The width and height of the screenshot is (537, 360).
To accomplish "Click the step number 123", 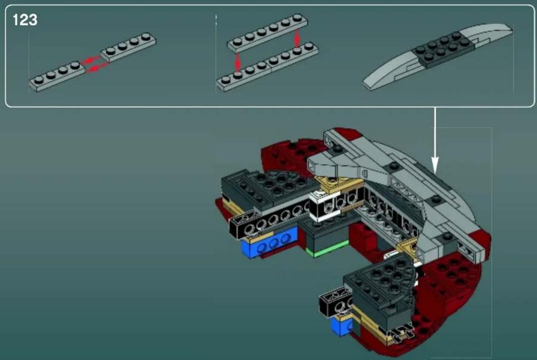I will pos(25,20).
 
